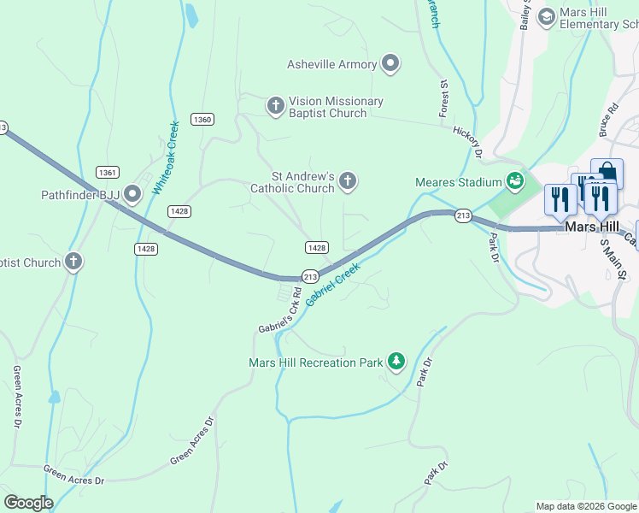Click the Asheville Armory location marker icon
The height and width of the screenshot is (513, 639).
click(390, 63)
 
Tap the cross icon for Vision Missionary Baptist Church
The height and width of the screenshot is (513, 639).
click(275, 105)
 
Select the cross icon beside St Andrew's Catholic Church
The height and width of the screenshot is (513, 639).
click(347, 180)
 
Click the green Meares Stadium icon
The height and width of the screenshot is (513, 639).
click(514, 180)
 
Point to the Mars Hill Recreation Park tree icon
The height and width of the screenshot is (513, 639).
click(396, 362)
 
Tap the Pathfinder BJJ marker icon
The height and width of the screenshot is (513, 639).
click(132, 195)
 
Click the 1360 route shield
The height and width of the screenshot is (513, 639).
click(202, 120)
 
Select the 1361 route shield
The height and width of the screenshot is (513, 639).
click(108, 172)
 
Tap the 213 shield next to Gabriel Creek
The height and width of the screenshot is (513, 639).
click(310, 277)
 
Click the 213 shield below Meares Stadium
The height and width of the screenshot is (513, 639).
click(462, 215)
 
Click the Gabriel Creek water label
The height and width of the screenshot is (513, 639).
click(333, 285)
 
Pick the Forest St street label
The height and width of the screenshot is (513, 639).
click(444, 98)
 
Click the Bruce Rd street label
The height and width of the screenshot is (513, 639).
click(608, 121)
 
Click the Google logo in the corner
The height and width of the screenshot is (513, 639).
click(28, 503)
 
